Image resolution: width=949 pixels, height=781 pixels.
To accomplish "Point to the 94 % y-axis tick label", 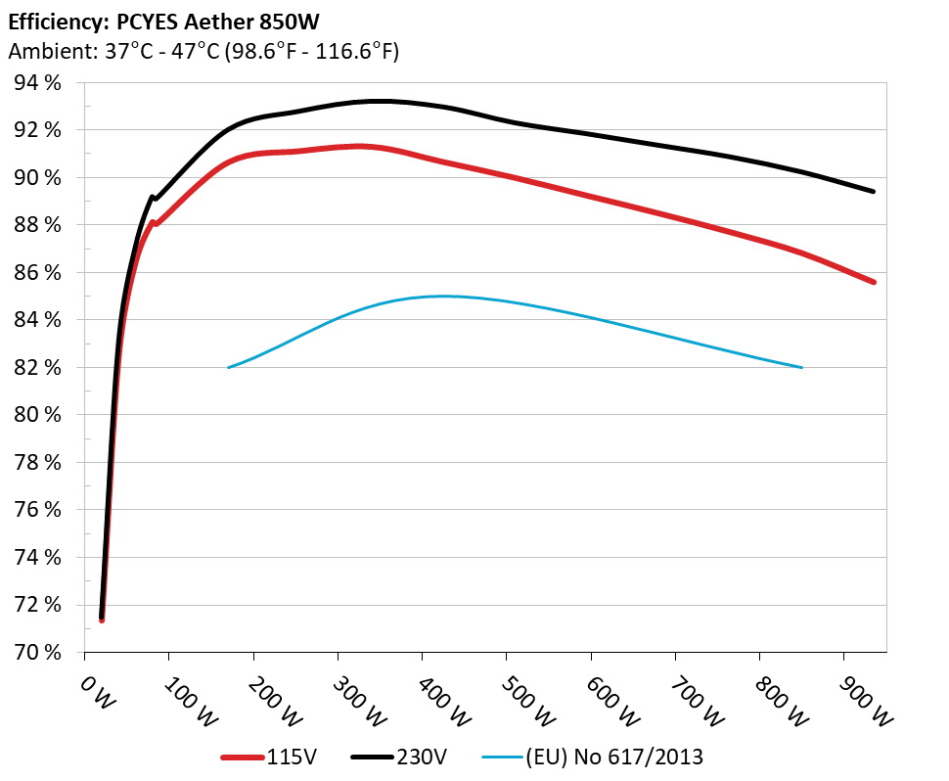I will click(x=36, y=83).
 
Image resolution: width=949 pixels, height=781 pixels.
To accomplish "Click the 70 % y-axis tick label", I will click(x=36, y=652).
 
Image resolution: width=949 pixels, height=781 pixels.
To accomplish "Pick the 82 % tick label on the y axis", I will click(x=36, y=368).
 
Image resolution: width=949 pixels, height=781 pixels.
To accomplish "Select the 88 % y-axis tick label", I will click(x=36, y=225).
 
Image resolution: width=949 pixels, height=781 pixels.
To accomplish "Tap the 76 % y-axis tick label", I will click(x=36, y=510).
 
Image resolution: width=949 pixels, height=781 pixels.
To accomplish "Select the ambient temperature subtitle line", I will click(x=203, y=52).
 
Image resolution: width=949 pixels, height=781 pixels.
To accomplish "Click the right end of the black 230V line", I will click(x=873, y=191).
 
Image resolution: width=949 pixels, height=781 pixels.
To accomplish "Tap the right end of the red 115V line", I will click(x=873, y=282).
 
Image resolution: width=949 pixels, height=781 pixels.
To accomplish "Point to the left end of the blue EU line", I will click(x=228, y=367).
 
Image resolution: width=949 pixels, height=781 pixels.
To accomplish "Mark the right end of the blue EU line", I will click(x=801, y=367).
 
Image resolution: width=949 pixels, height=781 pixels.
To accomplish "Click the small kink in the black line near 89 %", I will click(x=153, y=197).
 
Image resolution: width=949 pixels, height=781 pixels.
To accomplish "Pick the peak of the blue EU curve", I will click(x=440, y=296).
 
